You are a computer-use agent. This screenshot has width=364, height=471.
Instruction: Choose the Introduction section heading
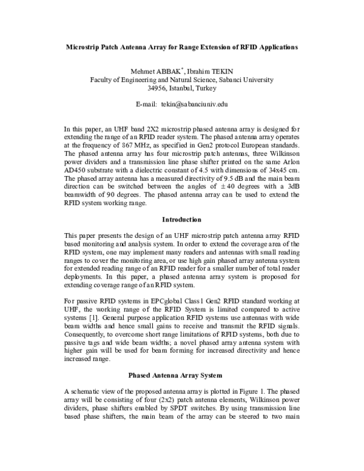pos(182,219)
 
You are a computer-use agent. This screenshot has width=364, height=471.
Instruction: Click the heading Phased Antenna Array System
pos(182,374)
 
